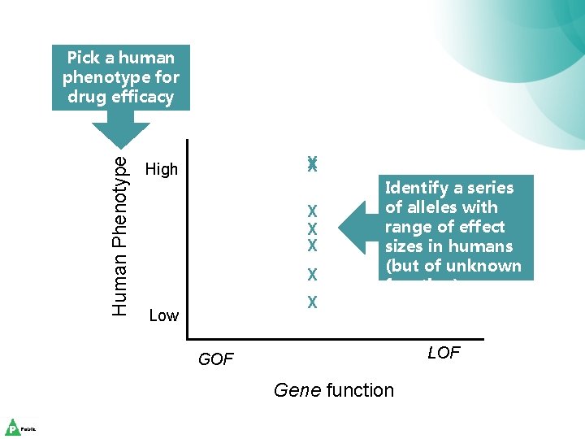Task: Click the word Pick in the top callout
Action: (83, 58)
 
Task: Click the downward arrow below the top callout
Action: (120, 129)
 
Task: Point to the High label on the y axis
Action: (161, 169)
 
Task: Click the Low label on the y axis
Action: (164, 315)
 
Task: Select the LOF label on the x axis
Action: (444, 353)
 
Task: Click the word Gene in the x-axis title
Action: (297, 390)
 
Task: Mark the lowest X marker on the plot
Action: (312, 302)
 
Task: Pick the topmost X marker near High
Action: (312, 163)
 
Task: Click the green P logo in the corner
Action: (13, 428)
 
